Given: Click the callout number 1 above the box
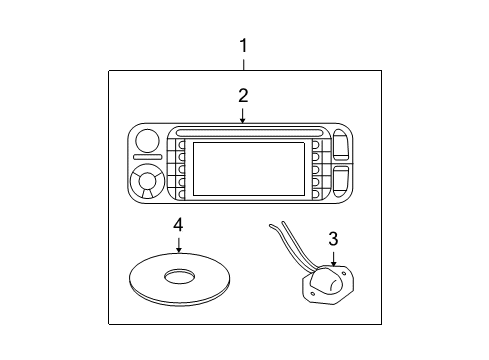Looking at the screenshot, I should pyautogui.click(x=242, y=45).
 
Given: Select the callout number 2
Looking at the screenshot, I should pyautogui.click(x=242, y=96).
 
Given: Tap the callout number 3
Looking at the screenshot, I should pyautogui.click(x=333, y=238).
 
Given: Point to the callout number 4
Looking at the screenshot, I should pyautogui.click(x=178, y=227).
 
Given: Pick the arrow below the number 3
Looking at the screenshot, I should pyautogui.click(x=333, y=257).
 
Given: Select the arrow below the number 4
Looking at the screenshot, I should pyautogui.click(x=178, y=245).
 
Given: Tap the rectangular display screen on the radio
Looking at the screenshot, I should pyautogui.click(x=247, y=167).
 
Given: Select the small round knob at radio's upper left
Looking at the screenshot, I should pyautogui.click(x=147, y=141).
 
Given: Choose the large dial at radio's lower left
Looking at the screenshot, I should pyautogui.click(x=148, y=183).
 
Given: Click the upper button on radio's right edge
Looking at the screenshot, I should pyautogui.click(x=340, y=148).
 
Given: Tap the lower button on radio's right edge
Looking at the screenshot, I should pyautogui.click(x=340, y=183).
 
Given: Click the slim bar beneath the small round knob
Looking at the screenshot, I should pyautogui.click(x=147, y=158).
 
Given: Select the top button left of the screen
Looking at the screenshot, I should pyautogui.click(x=180, y=146).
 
